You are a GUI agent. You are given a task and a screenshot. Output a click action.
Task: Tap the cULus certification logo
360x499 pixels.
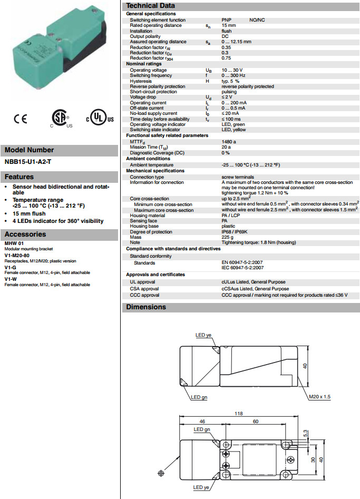(97, 119)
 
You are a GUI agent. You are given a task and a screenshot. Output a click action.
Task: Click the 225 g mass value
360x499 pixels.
(227, 238)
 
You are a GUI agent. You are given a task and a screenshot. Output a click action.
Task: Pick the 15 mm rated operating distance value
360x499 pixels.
(229, 25)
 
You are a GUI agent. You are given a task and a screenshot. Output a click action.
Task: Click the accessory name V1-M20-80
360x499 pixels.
(17, 255)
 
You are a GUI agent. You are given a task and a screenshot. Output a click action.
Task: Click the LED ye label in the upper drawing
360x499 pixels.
(203, 335)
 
